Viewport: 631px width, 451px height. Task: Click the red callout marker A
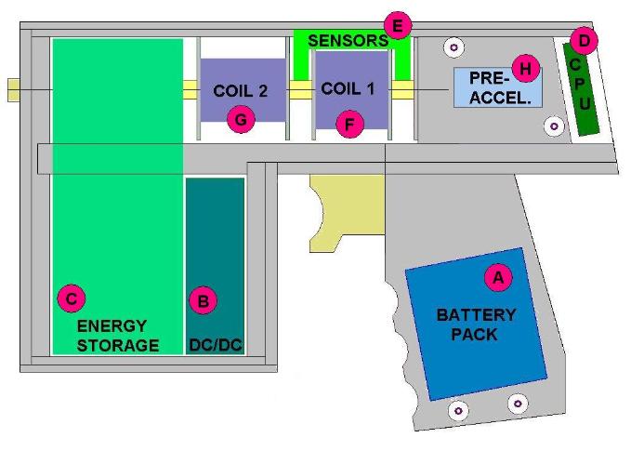pos(497,276)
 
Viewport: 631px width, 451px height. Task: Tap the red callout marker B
pos(203,300)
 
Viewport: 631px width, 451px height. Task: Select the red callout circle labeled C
pos(71,298)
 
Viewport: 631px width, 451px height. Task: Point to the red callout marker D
pos(584,40)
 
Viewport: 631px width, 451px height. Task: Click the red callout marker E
pos(397,25)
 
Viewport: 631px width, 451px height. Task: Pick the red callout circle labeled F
pos(349,121)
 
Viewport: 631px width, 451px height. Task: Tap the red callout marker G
pos(240,119)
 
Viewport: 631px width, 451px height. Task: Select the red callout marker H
pos(525,68)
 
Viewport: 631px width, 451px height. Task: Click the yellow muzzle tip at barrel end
pos(13,89)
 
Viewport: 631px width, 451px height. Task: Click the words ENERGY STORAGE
pos(118,336)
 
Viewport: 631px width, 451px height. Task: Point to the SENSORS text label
pos(348,41)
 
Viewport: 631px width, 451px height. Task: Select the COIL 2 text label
pos(241,91)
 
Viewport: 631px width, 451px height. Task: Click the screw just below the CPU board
pos(555,125)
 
